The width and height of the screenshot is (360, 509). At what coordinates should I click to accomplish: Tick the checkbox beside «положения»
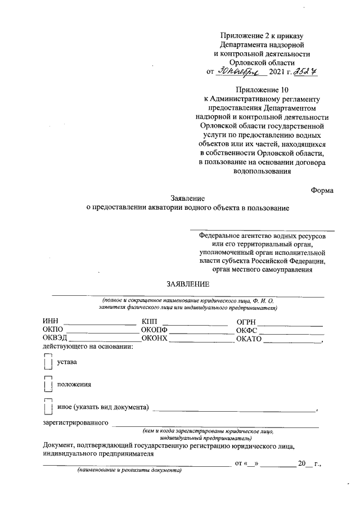tap(47, 385)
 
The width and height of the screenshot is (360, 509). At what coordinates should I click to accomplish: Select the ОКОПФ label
tap(155, 330)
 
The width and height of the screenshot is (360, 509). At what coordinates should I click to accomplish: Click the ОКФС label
tap(247, 330)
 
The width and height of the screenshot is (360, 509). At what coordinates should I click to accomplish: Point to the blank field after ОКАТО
tap(291, 341)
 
